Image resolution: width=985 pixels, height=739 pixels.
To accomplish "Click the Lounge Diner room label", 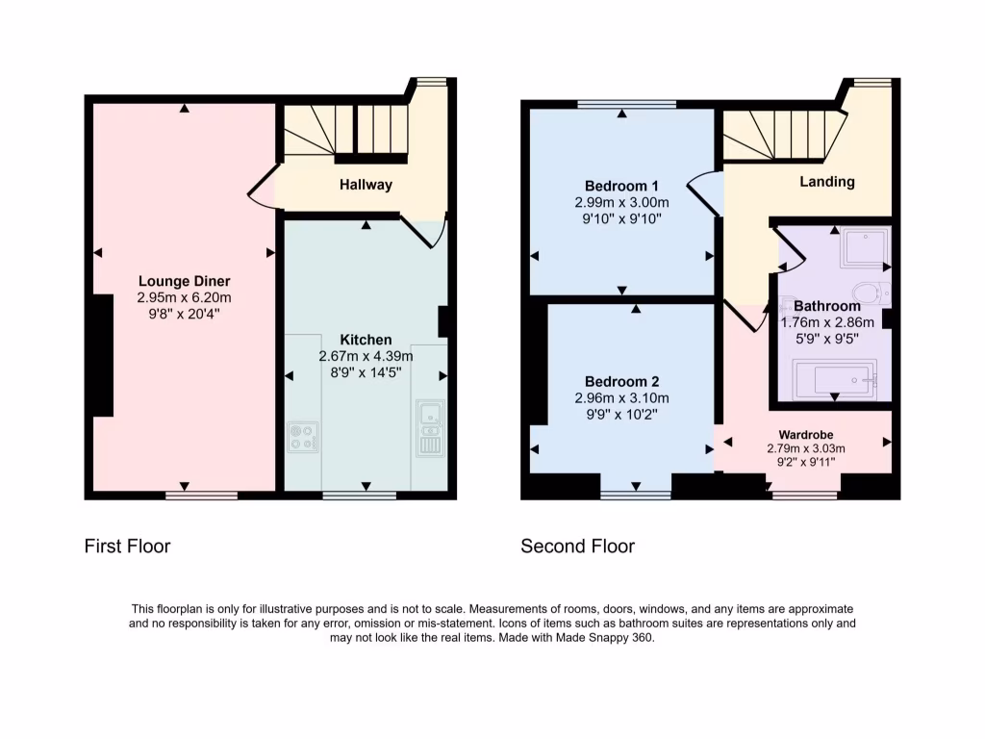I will coord(184,281).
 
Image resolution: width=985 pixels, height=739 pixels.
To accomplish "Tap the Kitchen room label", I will coord(366,340).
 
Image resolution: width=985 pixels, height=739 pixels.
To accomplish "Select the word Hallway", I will coord(366,185).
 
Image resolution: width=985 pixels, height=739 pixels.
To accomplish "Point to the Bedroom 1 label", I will coord(621,186).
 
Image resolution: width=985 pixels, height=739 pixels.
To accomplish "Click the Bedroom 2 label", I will coord(621,381).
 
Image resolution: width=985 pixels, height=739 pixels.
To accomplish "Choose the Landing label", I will coord(826,181).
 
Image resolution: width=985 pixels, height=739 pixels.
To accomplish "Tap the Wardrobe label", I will coord(805,434).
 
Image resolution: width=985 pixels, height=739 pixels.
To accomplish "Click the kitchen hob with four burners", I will coord(303,438).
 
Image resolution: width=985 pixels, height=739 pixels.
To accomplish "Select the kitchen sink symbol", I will coord(429,417).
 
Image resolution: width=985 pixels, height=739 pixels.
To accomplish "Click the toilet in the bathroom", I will coord(868,292).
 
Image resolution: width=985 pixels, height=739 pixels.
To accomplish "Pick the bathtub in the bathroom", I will coord(834,379).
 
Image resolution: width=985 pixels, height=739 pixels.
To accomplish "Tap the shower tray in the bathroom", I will coord(865,250).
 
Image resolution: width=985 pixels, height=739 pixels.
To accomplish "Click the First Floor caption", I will coord(127,547).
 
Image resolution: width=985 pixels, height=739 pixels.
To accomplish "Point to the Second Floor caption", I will coord(577,547).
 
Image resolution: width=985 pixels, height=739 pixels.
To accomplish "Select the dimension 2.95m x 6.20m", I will coord(184,297).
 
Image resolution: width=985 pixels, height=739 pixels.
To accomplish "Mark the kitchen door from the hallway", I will coord(423,231).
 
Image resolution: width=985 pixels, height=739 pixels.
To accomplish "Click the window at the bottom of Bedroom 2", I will coord(635,496).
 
